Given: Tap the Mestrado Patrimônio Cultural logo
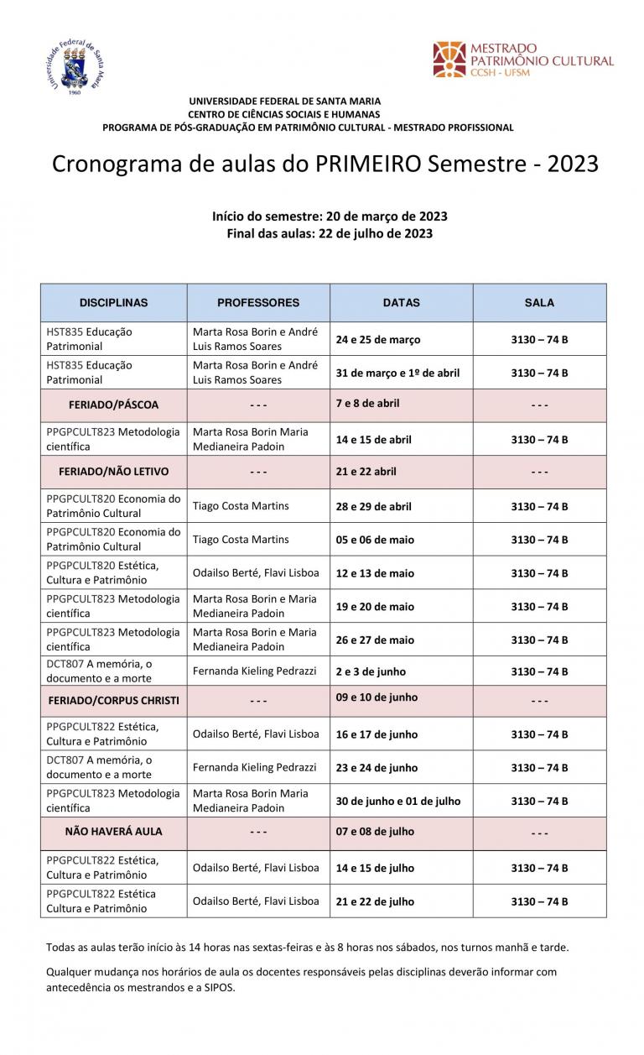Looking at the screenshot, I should tap(523, 60).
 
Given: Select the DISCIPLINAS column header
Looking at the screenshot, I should tap(113, 303).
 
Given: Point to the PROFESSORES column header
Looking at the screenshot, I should tap(258, 303).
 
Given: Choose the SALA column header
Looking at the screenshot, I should tap(539, 303).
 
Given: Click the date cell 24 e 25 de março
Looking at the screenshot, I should tap(378, 340).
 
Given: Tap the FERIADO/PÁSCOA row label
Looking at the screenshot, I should tap(113, 405).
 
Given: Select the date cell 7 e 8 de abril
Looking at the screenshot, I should tap(367, 403).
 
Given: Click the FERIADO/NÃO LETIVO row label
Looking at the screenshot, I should tap(113, 472).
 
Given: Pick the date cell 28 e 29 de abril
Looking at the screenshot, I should tap(374, 507).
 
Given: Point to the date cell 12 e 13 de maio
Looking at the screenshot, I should tap(375, 573).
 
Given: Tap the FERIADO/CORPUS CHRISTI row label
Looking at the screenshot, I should tap(113, 701).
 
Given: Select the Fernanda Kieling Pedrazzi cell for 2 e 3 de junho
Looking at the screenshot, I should tap(255, 671).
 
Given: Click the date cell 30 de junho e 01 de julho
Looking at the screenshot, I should tap(398, 802).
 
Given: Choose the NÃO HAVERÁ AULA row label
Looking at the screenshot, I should tap(113, 832).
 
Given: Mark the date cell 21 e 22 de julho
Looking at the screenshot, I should tap(375, 901).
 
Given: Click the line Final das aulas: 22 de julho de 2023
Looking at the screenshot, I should tap(330, 233).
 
